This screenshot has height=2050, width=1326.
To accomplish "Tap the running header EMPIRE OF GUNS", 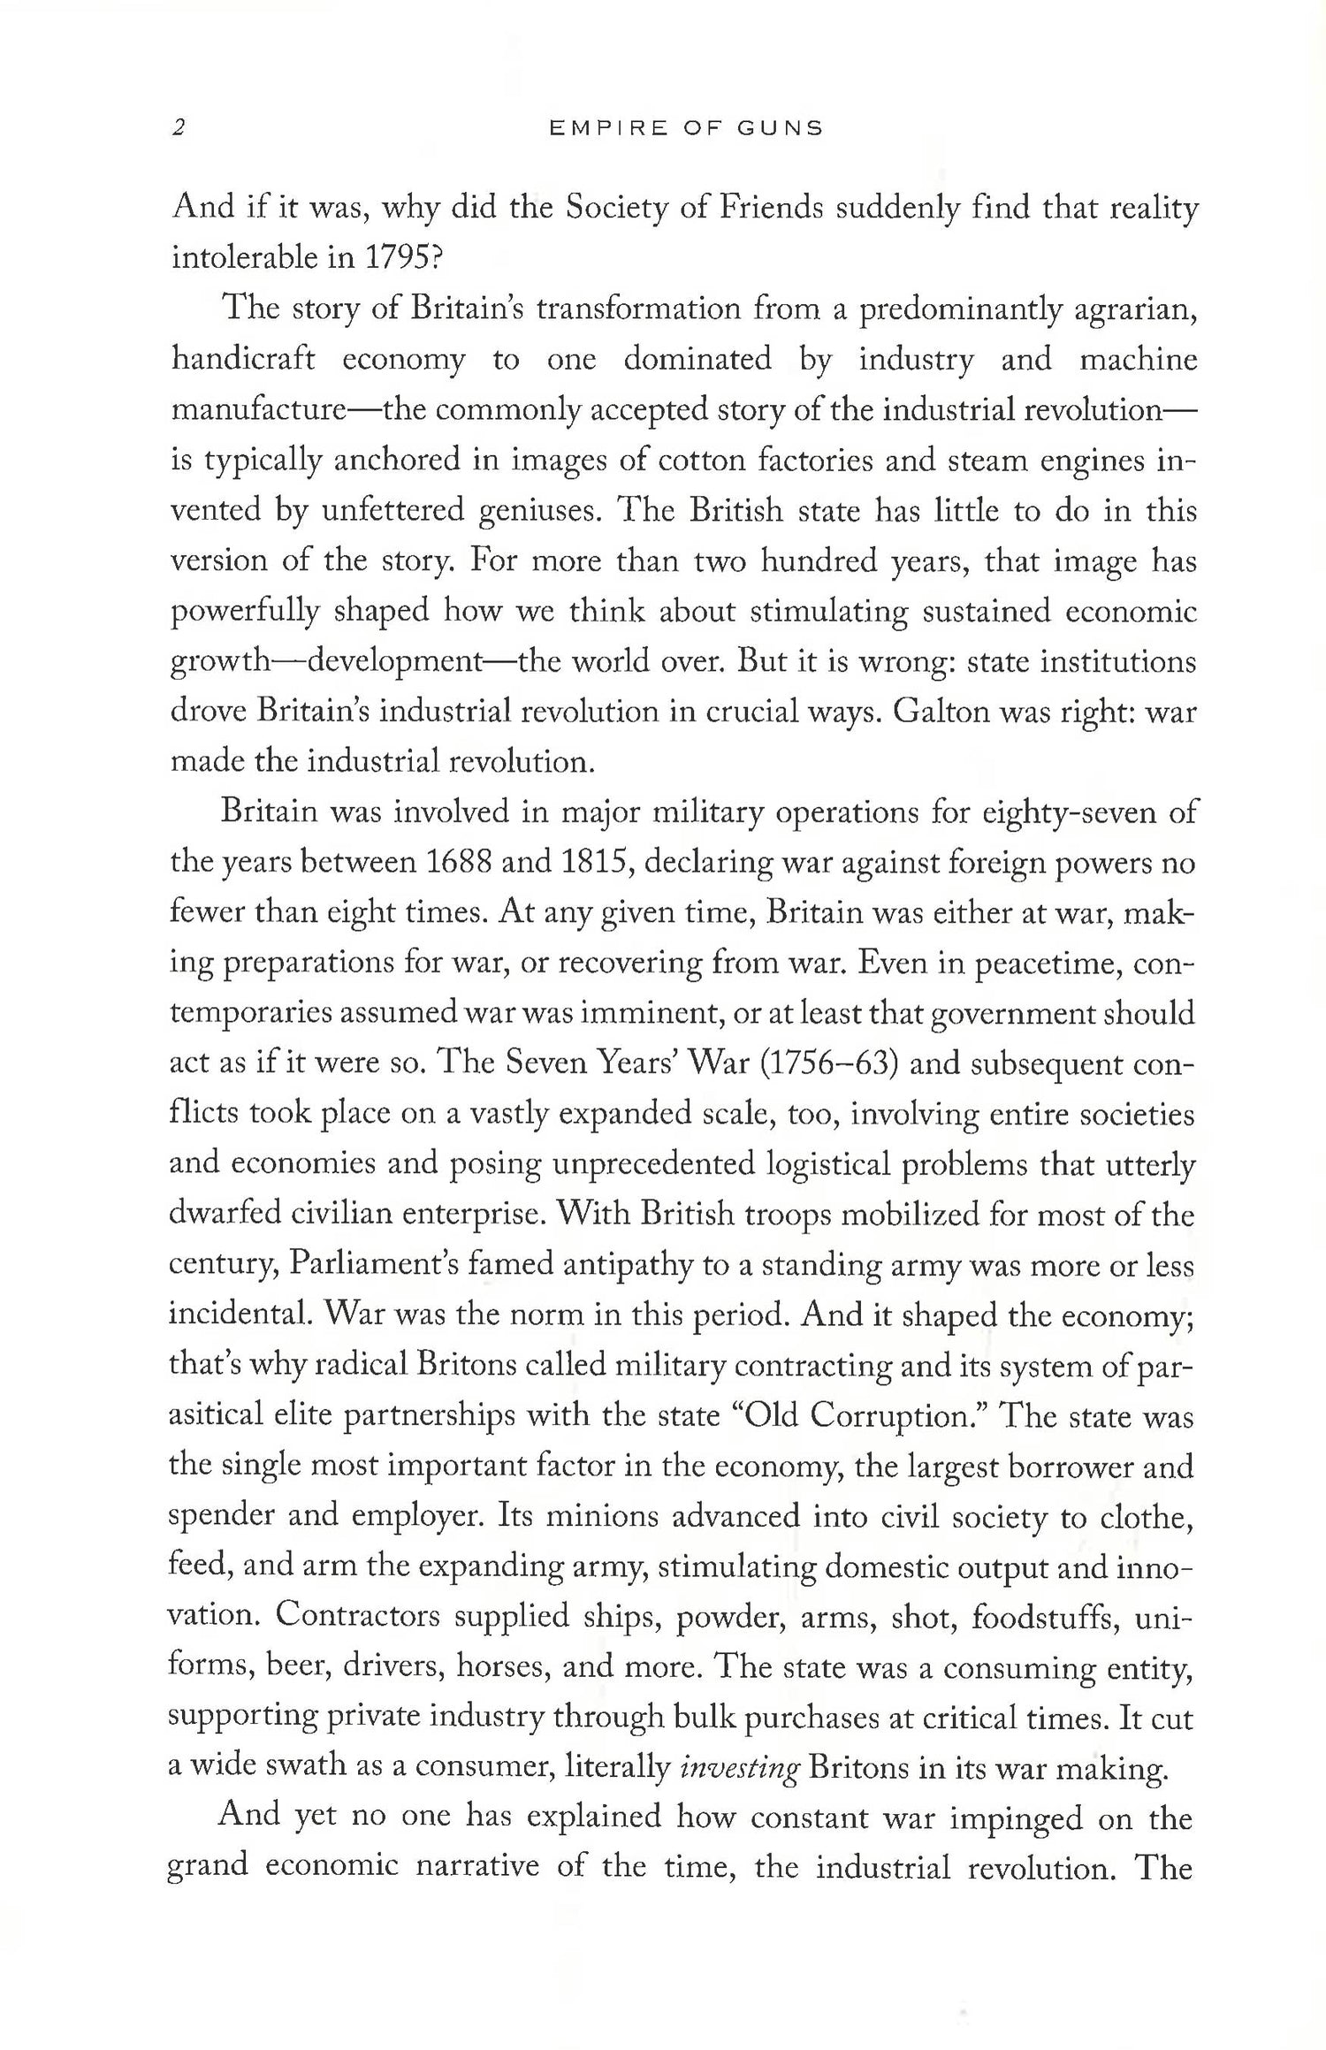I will (x=686, y=129).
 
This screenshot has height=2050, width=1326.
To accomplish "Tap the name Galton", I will (x=946, y=713).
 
